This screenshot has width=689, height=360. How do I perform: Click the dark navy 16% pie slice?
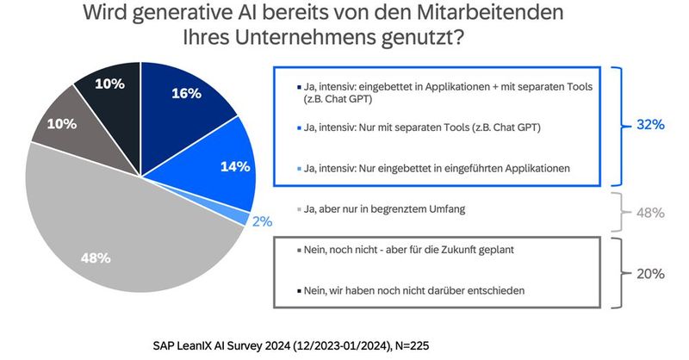[x=185, y=99]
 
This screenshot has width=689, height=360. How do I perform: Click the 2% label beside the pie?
[x=262, y=221]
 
